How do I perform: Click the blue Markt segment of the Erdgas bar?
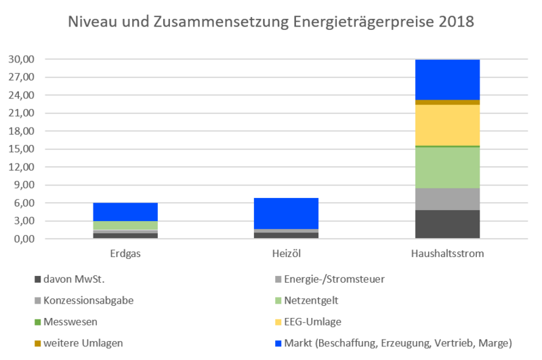(125, 212)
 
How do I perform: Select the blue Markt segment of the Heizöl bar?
(286, 214)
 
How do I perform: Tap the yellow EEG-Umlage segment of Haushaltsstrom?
(447, 125)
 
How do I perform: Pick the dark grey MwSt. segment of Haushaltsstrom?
(447, 224)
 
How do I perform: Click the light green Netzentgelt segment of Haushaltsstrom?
(447, 167)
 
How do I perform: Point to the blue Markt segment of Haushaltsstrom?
(447, 80)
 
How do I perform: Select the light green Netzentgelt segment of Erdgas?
(125, 225)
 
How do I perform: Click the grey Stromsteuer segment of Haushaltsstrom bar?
(447, 199)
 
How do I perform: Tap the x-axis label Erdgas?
(125, 254)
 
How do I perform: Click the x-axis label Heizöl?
(286, 254)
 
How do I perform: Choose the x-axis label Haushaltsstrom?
(447, 254)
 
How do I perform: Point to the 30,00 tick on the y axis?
(22, 59)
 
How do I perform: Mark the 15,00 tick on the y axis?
(22, 149)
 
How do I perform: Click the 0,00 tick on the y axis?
(24, 239)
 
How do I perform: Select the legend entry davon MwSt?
(70, 279)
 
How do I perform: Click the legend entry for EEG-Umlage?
(308, 322)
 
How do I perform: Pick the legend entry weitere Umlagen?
(79, 343)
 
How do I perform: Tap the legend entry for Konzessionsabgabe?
(84, 300)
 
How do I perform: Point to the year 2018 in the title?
(456, 22)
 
